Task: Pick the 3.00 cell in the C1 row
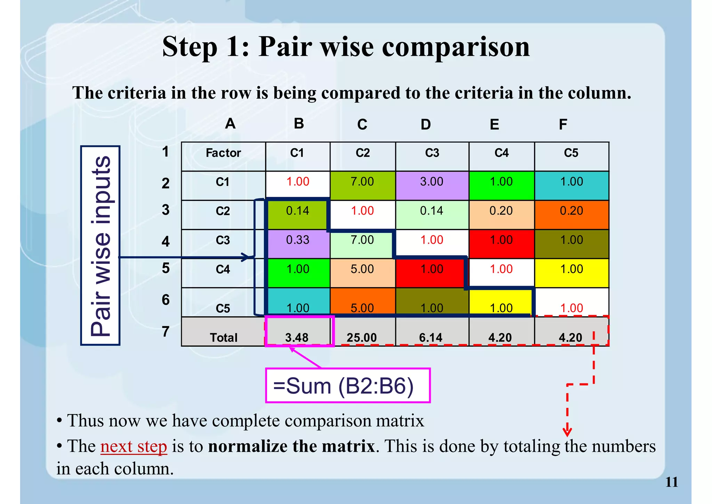(432, 182)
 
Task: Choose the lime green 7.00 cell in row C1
(362, 182)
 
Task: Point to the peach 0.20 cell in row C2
(501, 211)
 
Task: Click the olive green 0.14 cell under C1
(298, 211)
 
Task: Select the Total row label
(223, 337)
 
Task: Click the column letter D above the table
(426, 124)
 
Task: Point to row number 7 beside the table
(165, 331)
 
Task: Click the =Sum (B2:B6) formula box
(348, 386)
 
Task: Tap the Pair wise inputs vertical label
(100, 246)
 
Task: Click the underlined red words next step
(133, 446)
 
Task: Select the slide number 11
(671, 482)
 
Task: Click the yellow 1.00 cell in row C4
(571, 269)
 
